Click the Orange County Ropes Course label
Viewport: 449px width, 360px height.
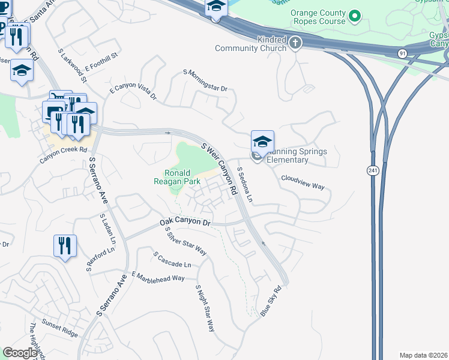(x=318, y=17)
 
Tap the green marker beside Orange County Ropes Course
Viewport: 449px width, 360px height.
(x=355, y=15)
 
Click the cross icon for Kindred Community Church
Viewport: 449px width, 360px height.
(x=295, y=43)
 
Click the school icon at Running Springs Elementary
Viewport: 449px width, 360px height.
(x=262, y=142)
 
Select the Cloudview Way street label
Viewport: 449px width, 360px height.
(x=303, y=182)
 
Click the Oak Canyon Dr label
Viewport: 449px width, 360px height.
(x=186, y=223)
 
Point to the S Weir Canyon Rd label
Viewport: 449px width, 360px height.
(x=218, y=167)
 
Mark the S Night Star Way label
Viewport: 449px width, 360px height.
(x=205, y=308)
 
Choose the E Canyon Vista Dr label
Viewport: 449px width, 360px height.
(x=133, y=92)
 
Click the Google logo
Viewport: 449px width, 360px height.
(x=20, y=353)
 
